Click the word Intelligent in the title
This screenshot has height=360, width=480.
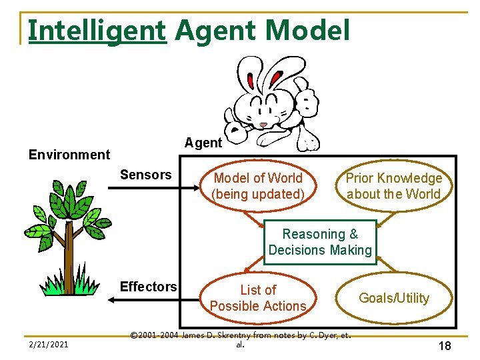point(97,31)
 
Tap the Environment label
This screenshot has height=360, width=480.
point(69,155)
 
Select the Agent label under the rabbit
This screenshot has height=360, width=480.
point(203,143)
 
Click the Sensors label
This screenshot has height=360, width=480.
point(145,175)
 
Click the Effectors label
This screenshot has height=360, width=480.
point(148,287)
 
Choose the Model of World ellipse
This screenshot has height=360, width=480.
point(257,186)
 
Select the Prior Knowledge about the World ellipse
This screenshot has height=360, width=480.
point(393,186)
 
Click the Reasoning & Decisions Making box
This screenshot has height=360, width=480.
point(320,242)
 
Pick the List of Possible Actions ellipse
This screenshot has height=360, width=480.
point(257,298)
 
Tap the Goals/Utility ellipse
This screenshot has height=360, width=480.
point(394,298)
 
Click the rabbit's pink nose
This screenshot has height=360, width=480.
point(264,125)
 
